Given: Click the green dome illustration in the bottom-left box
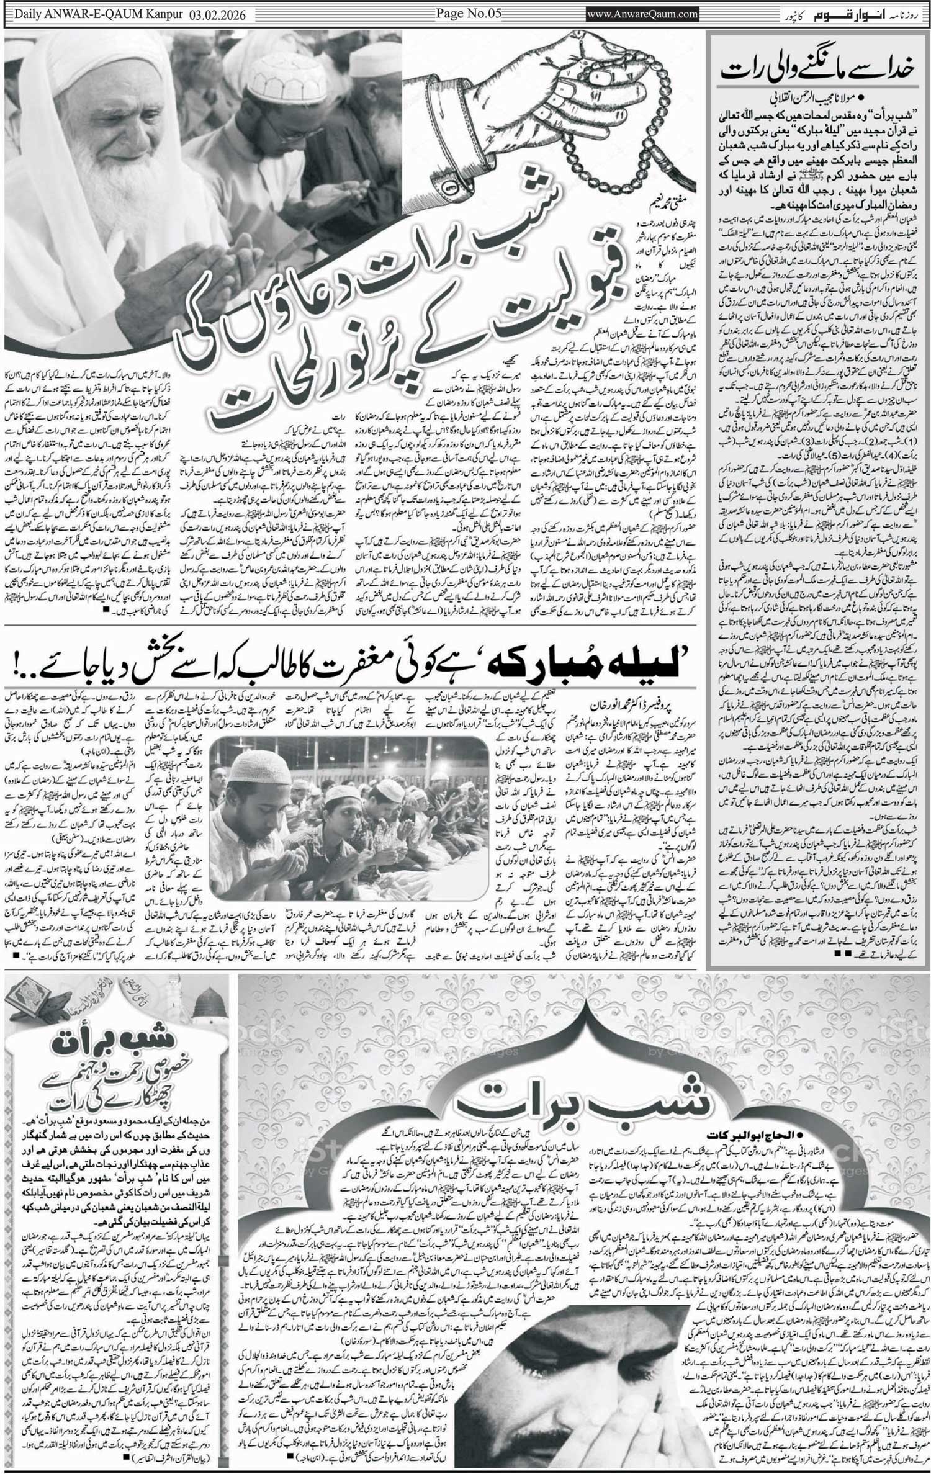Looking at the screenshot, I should click(x=210, y=1000).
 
